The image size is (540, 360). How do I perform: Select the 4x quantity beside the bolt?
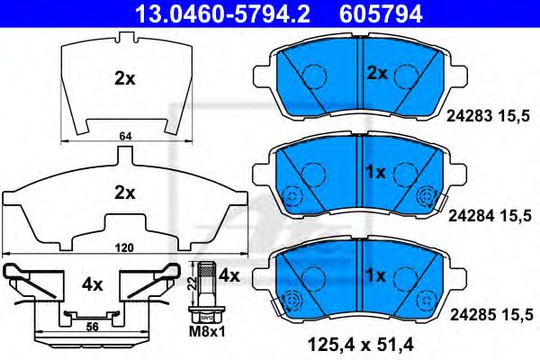tap(229, 274)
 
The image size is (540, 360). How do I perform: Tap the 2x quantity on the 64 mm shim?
tap(124, 78)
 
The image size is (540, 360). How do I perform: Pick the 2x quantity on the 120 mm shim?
tap(124, 192)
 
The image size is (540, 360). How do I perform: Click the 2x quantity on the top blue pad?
tap(376, 72)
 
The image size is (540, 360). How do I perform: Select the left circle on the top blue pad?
tap(312, 76)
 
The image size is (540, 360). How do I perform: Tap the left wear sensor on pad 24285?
tap(290, 301)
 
